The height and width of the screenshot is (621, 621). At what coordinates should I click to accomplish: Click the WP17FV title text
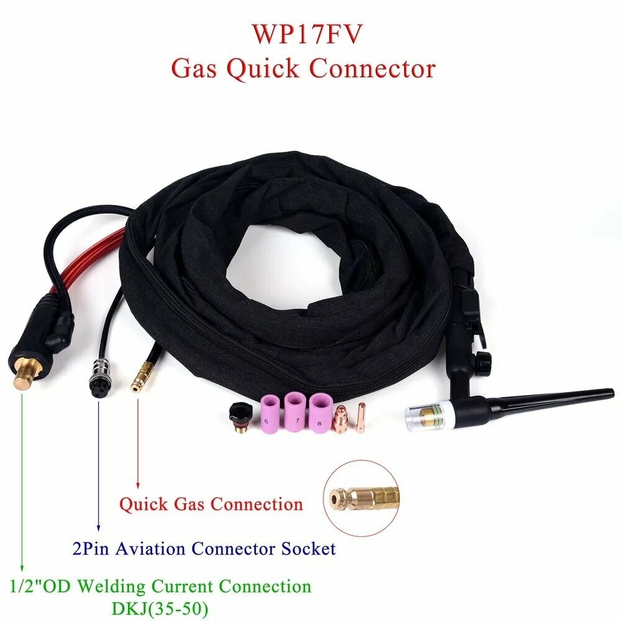pos(307,34)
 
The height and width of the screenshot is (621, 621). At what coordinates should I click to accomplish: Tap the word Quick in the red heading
pos(263,69)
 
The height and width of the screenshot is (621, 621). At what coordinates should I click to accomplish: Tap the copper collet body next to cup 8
pos(340,420)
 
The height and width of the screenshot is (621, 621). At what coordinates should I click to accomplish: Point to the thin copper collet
pos(361,418)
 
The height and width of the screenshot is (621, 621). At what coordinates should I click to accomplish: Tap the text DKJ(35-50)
pos(160,607)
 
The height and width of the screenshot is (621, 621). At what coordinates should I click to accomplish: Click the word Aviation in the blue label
pos(150,549)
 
